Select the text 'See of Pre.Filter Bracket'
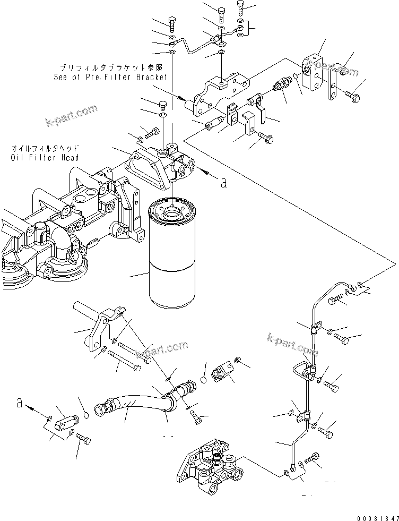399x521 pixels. tap(110, 77)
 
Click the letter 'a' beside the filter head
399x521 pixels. tap(224, 183)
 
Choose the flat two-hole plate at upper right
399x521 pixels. tap(333, 84)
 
